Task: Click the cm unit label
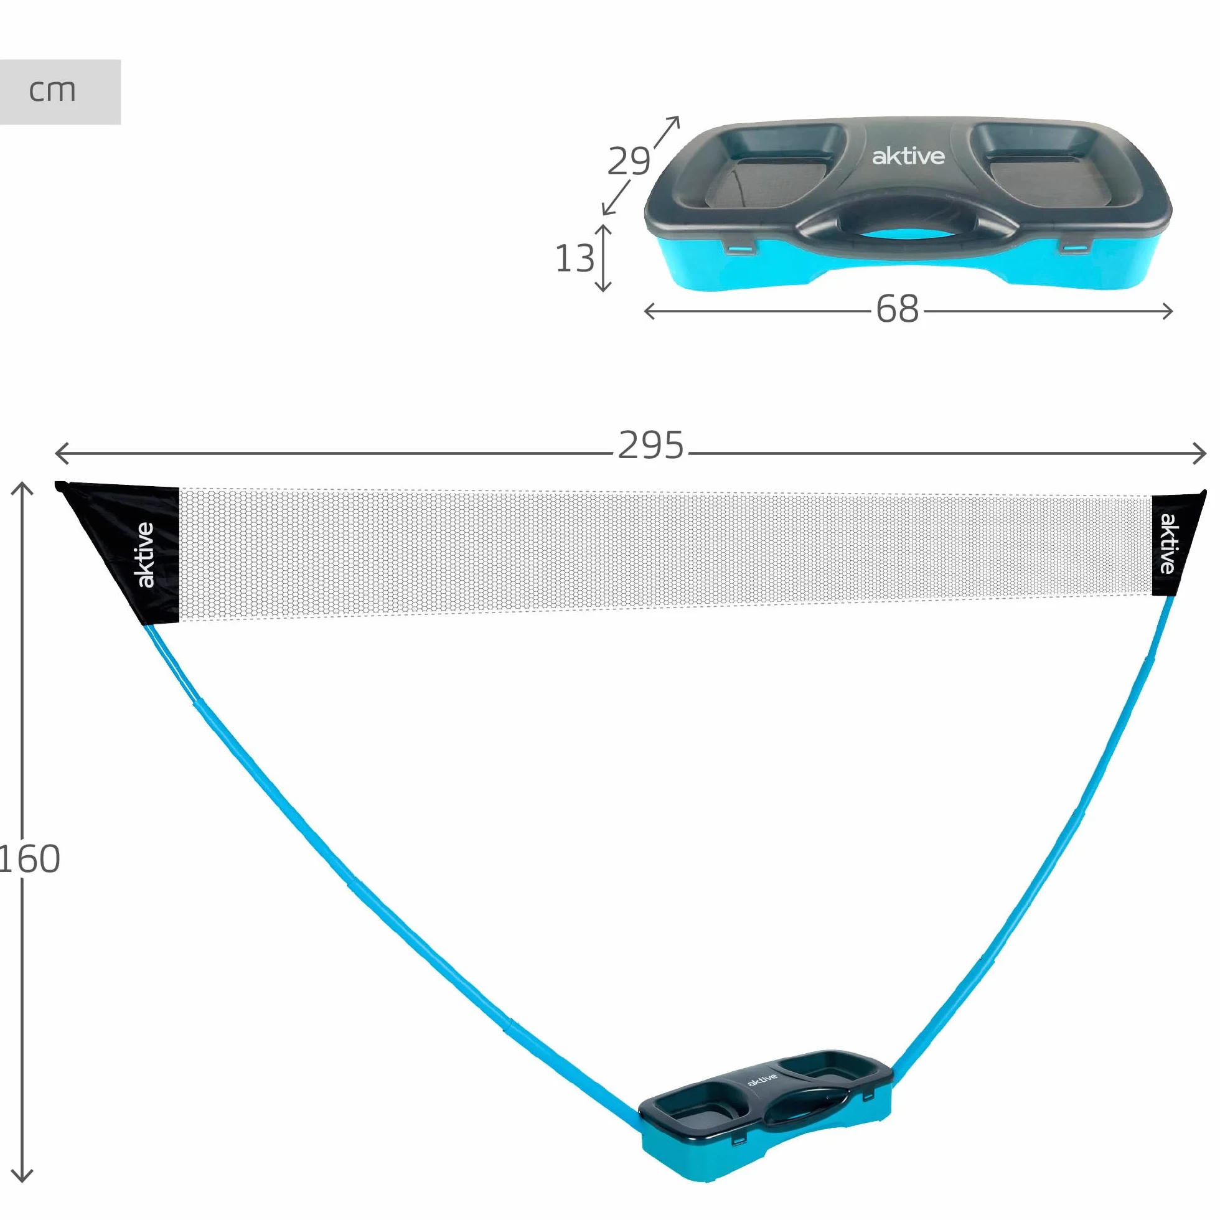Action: (52, 91)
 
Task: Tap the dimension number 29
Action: (629, 161)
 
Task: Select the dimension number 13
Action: (575, 258)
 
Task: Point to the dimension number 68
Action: (898, 309)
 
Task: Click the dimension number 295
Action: (651, 445)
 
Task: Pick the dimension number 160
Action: (30, 859)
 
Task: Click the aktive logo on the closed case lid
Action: (908, 156)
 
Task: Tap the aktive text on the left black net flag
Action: (146, 555)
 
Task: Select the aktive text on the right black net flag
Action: (1168, 543)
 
